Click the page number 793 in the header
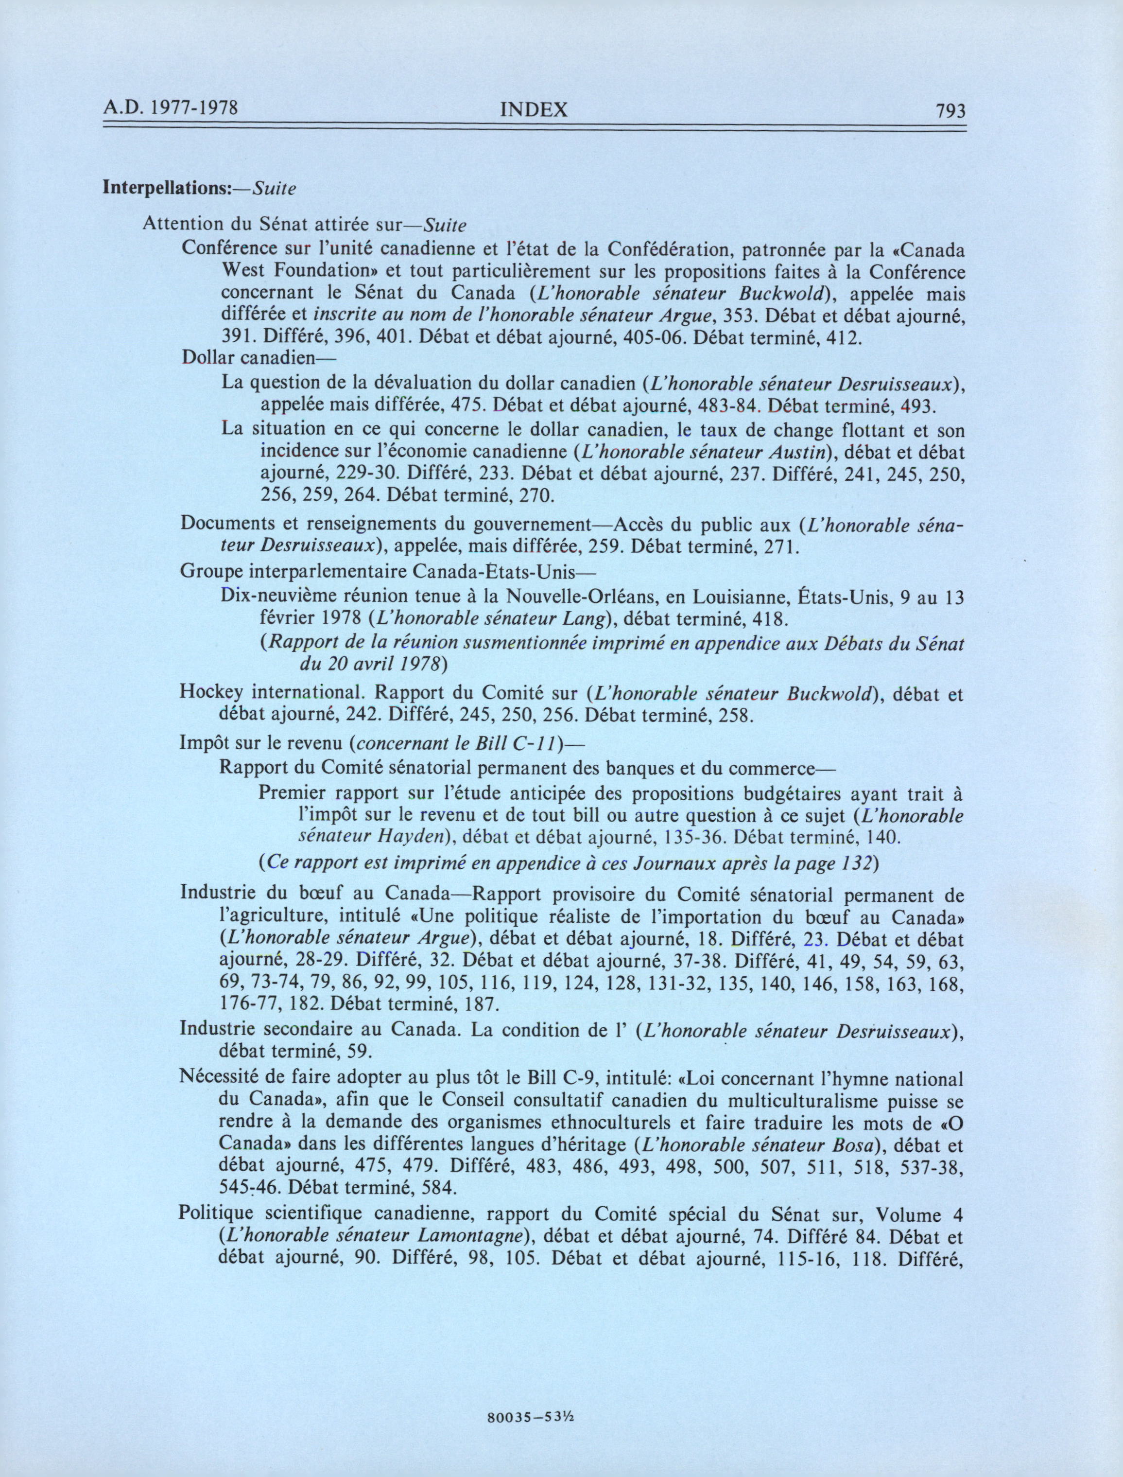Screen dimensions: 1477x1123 [950, 111]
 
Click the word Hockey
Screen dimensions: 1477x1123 [210, 693]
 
